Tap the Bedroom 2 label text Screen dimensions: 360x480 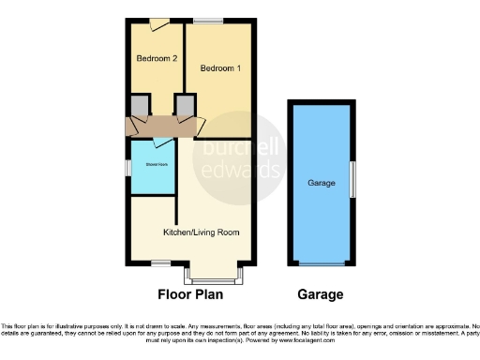point(157,59)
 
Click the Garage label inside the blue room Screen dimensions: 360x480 point(321,182)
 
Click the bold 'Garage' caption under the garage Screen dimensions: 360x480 point(320,294)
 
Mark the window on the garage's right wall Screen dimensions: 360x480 point(352,178)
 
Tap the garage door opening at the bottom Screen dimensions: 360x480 point(321,263)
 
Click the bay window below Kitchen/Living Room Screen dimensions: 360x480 point(215,276)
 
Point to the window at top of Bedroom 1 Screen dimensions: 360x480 point(208,20)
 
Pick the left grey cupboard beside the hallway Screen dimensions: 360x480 point(140,105)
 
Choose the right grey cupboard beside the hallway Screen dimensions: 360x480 point(185,105)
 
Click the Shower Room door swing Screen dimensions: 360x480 point(162,143)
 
